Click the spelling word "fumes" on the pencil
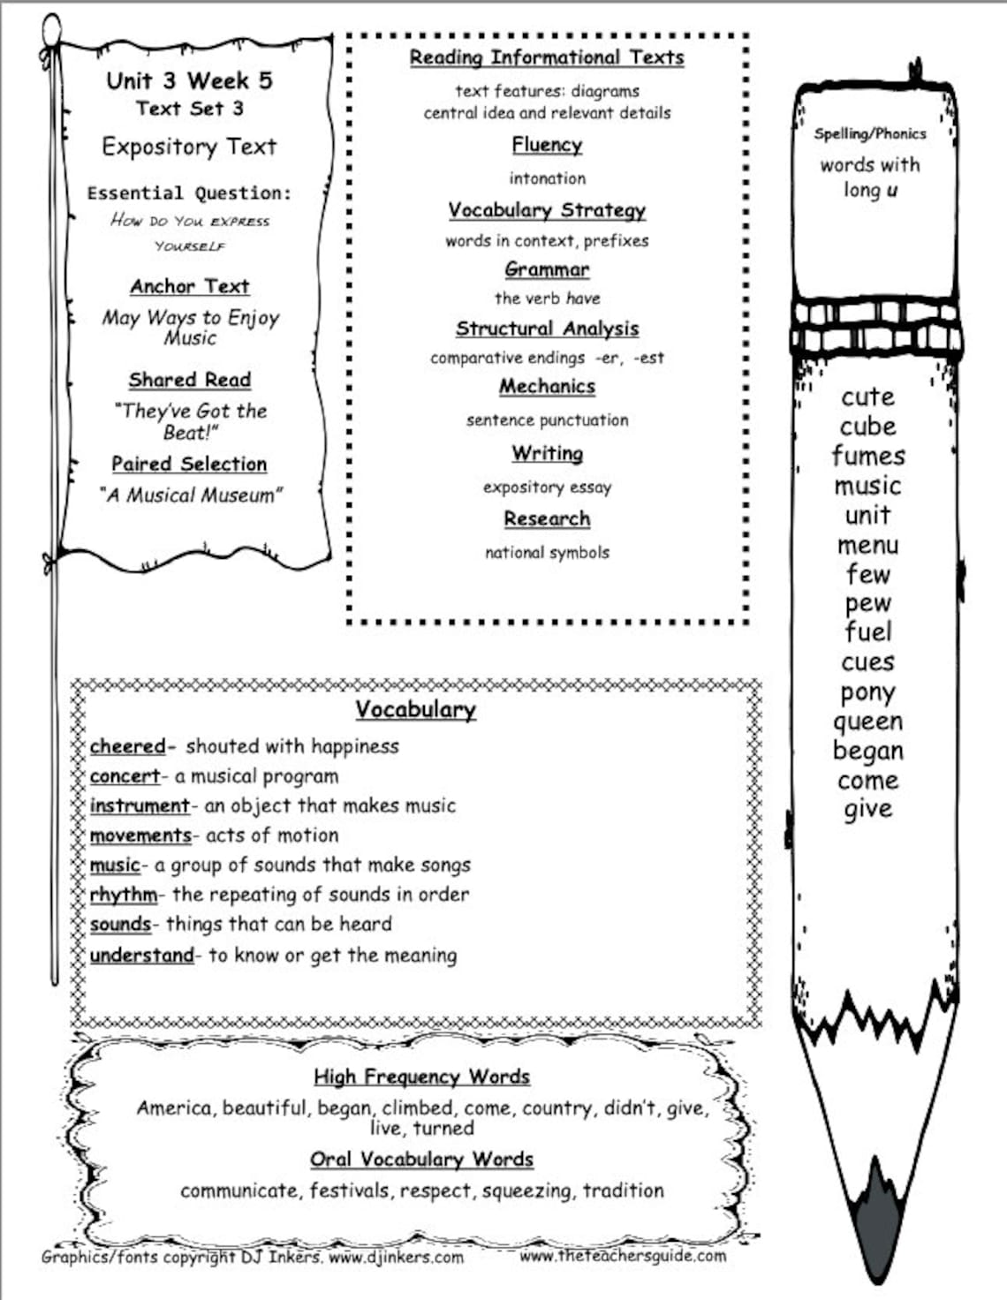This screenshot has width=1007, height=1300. pyautogui.click(x=868, y=456)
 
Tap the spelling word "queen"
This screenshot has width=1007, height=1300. pyautogui.click(x=867, y=722)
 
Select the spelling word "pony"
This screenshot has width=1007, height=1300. pyautogui.click(x=867, y=692)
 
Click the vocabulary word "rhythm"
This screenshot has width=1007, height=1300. pyautogui.click(x=123, y=895)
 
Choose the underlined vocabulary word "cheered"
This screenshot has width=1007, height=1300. pyautogui.click(x=127, y=746)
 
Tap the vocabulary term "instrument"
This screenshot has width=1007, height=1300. pyautogui.click(x=139, y=805)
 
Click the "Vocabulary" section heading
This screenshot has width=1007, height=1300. pyautogui.click(x=415, y=709)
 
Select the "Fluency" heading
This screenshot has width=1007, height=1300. pyautogui.click(x=547, y=145)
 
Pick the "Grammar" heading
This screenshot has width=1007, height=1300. pyautogui.click(x=547, y=269)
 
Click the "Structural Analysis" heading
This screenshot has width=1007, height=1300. pyautogui.click(x=547, y=329)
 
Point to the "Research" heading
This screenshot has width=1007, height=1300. pyautogui.click(x=547, y=518)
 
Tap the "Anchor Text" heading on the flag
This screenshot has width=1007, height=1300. pyautogui.click(x=190, y=286)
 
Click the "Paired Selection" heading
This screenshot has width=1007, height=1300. pyautogui.click(x=189, y=464)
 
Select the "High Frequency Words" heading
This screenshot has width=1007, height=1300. pyautogui.click(x=421, y=1077)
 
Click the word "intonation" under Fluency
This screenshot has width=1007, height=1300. pyautogui.click(x=547, y=178)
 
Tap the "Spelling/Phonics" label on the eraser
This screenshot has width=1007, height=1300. pyautogui.click(x=869, y=133)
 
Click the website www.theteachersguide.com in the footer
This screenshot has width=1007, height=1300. pyautogui.click(x=623, y=1255)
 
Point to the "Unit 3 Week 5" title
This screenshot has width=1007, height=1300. pyautogui.click(x=189, y=81)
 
